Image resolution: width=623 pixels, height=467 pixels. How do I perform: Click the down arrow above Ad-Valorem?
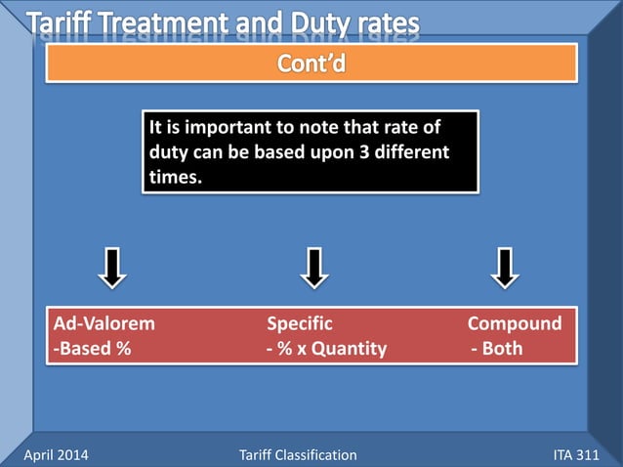pos(113,268)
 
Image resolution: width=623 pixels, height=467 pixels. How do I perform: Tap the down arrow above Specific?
pos(312,268)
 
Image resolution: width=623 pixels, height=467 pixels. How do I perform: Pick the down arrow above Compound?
pos(505,268)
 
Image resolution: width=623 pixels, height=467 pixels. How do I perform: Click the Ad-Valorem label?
pos(104,323)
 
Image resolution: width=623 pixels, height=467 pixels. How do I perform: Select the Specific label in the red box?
pos(300,323)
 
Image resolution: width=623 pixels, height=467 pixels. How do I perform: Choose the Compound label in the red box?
pos(515,323)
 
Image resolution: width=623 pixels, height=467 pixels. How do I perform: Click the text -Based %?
pos(92,349)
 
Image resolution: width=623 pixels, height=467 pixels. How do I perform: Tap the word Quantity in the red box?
pos(349,349)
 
